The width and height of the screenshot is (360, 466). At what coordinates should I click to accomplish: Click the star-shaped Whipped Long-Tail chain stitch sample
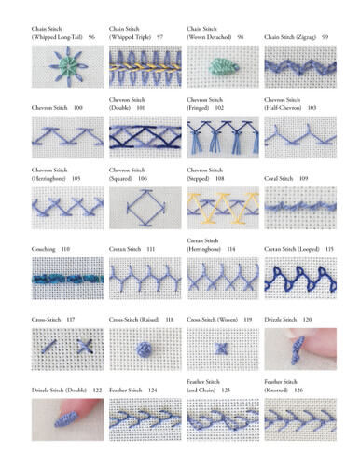[x=68, y=66]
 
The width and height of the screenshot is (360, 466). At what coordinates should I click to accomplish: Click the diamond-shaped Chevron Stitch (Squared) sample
[x=145, y=208]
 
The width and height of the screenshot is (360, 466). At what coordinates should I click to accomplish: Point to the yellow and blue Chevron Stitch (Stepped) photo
[x=223, y=207]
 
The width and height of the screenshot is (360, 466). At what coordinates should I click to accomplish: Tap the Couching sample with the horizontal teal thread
[x=68, y=278]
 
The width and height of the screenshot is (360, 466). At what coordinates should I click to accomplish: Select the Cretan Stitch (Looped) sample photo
[x=299, y=278]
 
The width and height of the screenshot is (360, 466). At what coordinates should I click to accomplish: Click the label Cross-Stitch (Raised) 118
[x=141, y=319]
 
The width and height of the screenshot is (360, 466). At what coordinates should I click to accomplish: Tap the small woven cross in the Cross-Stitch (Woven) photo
[x=223, y=349]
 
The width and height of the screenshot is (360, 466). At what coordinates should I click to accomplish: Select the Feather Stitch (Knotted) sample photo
[x=299, y=419]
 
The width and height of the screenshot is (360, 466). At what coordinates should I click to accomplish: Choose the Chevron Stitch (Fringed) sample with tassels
[x=223, y=137]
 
